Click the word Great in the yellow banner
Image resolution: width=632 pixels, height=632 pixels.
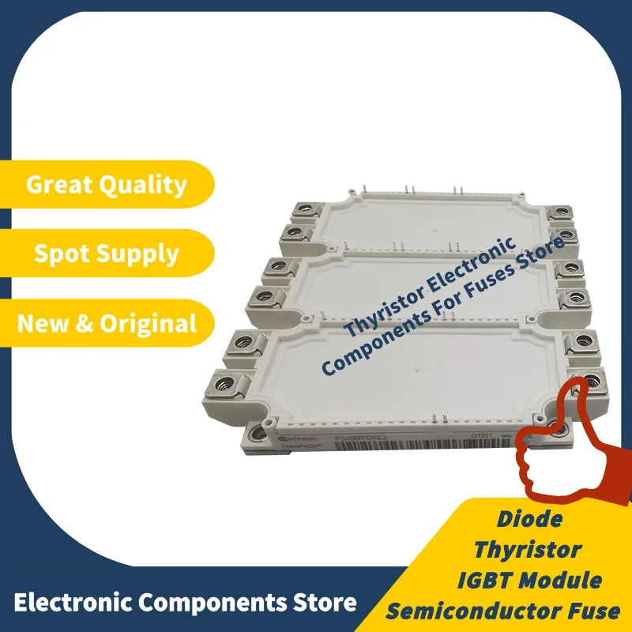62,185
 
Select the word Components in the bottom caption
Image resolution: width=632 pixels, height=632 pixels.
210,604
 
